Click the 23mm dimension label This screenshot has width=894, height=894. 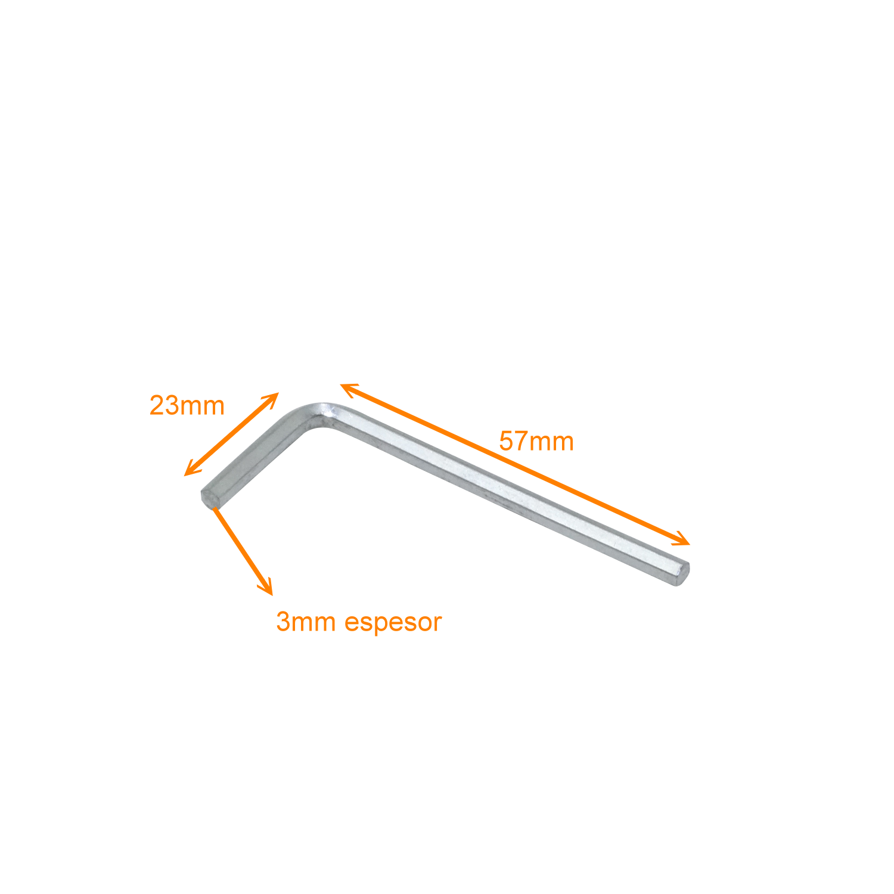[187, 406]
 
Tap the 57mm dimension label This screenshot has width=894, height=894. [536, 442]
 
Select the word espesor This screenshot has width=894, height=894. [393, 623]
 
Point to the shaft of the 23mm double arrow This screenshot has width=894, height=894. [231, 434]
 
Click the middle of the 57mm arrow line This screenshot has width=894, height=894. [515, 464]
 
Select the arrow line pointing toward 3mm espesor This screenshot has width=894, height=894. [243, 550]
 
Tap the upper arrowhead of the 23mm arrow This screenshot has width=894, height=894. [271, 399]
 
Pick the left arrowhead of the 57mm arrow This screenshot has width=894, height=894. [349, 389]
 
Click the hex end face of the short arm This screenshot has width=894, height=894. [207, 496]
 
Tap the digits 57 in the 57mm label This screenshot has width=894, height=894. [513, 442]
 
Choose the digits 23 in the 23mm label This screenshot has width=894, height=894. [163, 406]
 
